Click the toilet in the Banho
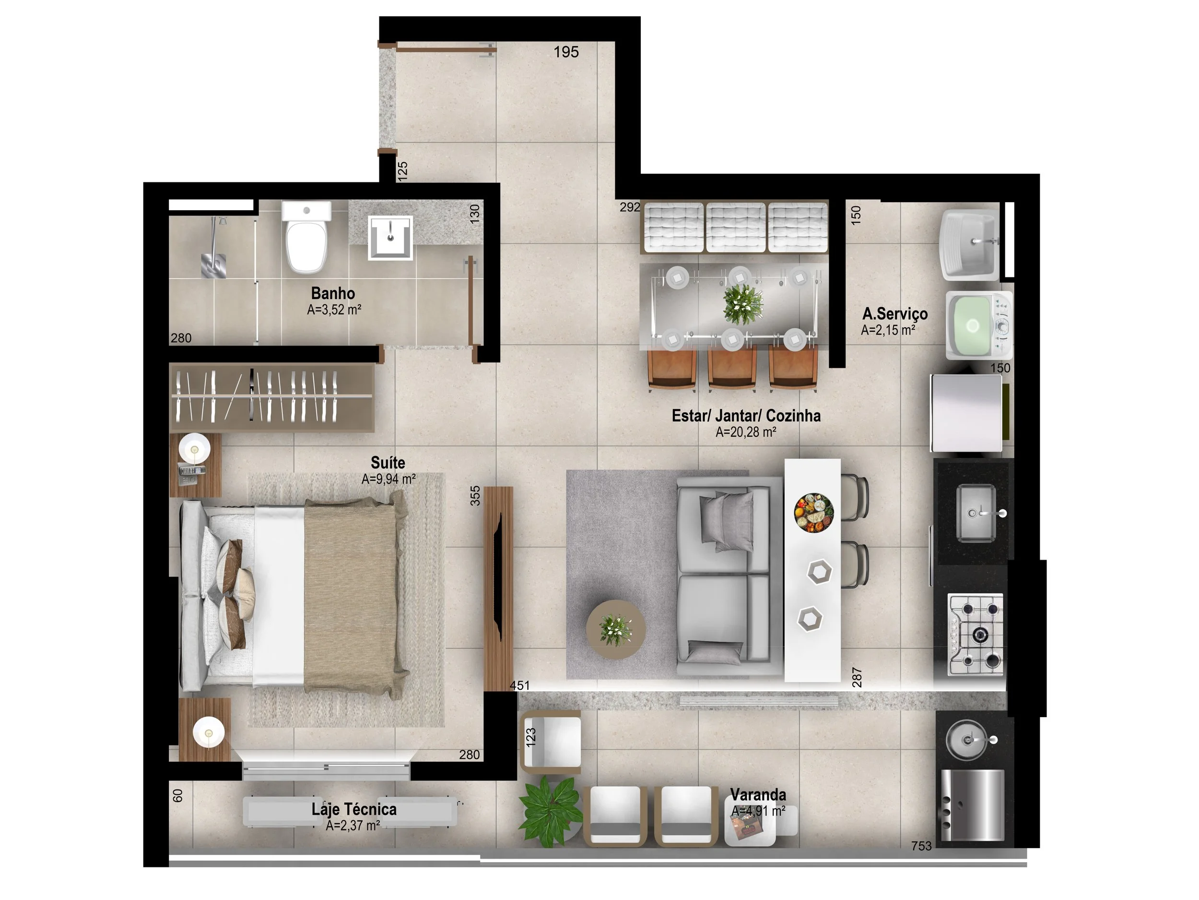(x=306, y=237)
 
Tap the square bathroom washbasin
(x=390, y=238)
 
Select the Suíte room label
(x=388, y=463)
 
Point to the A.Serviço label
(x=895, y=313)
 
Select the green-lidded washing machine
(x=979, y=325)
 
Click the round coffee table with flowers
(x=616, y=629)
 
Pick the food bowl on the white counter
(x=813, y=510)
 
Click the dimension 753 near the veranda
(x=921, y=846)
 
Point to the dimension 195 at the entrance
(x=566, y=52)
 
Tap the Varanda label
(x=758, y=795)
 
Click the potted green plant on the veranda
(x=550, y=811)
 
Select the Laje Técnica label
(x=354, y=809)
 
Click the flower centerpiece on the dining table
(x=743, y=304)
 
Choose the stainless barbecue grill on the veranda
(x=973, y=805)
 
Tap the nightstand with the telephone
(x=195, y=466)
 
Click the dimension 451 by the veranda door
(x=519, y=685)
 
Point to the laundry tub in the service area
(x=970, y=245)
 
